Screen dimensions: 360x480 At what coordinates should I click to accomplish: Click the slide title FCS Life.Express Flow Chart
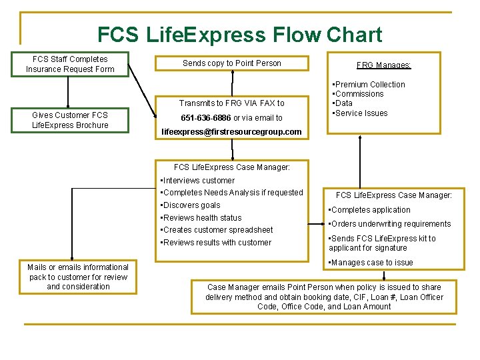239,35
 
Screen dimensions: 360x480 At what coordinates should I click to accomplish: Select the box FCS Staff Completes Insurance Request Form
70,64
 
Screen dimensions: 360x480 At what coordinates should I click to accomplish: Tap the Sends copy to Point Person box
231,63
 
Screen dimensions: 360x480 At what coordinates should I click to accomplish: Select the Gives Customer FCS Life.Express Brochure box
70,120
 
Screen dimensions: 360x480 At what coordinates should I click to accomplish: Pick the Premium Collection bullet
370,85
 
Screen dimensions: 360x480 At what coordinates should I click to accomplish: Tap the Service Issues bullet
361,113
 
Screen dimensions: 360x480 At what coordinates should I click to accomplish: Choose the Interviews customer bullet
199,181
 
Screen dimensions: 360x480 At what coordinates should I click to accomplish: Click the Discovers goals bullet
191,205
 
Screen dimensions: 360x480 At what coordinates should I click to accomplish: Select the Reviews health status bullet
202,218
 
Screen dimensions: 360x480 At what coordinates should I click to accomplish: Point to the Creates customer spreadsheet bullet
217,230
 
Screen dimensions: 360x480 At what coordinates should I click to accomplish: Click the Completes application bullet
371,210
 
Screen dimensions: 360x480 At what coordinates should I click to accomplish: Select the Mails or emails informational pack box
78,277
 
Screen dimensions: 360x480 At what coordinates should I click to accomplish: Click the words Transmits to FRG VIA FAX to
231,103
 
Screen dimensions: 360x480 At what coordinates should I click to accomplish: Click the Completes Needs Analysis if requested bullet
232,193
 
